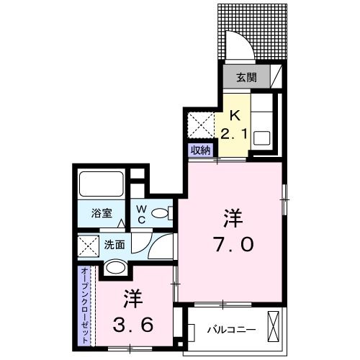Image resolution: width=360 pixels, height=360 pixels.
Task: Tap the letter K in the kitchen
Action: [234, 114]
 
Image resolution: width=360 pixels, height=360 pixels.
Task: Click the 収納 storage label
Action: [200, 150]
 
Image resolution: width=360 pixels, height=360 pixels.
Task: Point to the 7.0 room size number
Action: [233, 246]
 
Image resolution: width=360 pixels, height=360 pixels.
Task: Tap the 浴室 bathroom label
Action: [101, 214]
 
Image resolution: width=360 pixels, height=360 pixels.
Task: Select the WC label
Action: [143, 214]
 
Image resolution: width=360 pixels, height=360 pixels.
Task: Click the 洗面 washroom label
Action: [114, 245]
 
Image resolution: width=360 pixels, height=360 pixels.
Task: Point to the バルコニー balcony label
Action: [231, 329]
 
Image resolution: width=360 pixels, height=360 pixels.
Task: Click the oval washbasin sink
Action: [115, 269]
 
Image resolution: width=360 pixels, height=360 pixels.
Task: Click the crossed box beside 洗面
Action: [89, 246]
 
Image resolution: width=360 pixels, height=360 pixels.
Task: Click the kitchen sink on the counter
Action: [261, 135]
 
